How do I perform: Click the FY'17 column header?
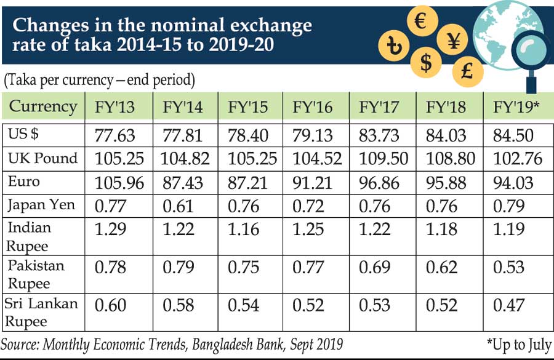379,107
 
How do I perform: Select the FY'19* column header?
517,107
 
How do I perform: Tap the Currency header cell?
43,106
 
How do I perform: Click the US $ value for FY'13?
119,135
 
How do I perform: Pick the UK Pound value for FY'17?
379,159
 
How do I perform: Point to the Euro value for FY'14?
185,182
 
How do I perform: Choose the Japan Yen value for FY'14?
177,206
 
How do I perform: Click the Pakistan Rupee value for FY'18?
442,268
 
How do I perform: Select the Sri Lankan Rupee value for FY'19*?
508,305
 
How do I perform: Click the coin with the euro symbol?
422,22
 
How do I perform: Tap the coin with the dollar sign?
426,61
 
